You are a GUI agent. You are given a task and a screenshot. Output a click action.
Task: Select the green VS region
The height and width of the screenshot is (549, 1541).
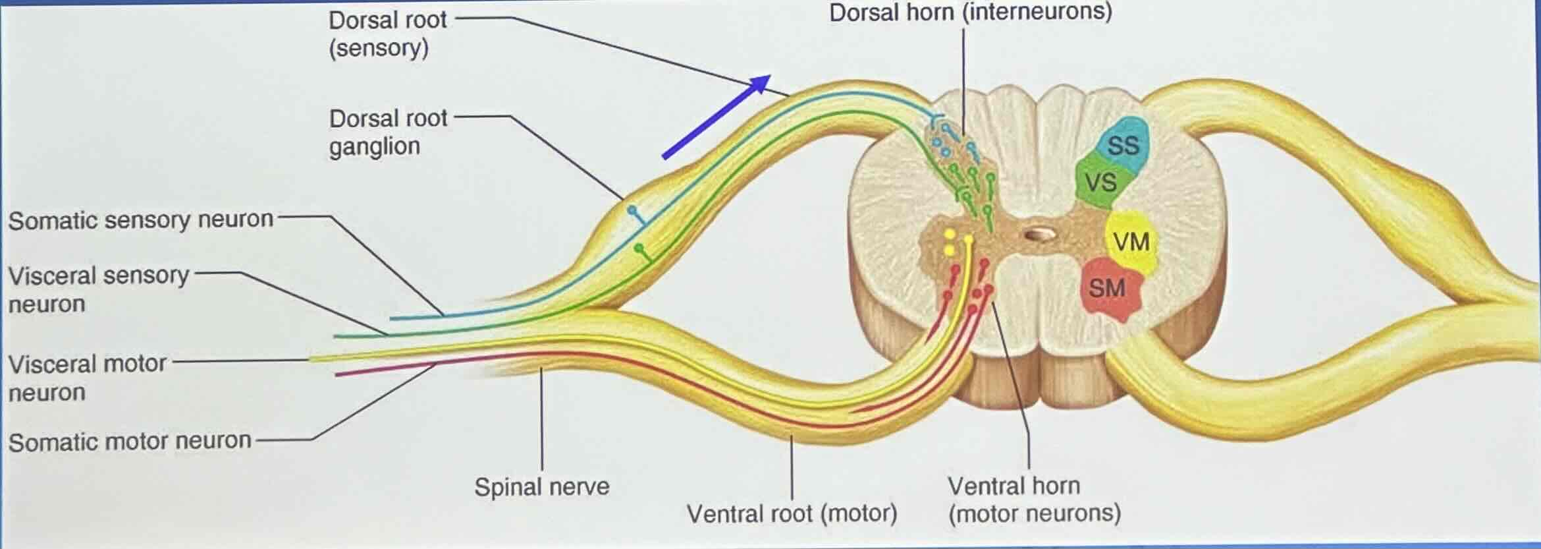tap(1101, 181)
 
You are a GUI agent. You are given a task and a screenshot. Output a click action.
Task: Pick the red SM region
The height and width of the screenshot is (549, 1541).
tap(1108, 289)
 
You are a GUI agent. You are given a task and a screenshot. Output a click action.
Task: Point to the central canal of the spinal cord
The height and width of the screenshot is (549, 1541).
tap(1040, 234)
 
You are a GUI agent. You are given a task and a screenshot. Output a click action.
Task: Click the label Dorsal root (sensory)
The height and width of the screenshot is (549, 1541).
tap(387, 34)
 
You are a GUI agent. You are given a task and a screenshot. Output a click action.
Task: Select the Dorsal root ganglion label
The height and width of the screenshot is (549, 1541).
tap(387, 132)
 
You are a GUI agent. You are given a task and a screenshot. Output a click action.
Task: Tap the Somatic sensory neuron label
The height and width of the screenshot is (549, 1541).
tap(140, 220)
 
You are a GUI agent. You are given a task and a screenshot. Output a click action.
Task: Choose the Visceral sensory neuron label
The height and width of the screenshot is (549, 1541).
tap(99, 289)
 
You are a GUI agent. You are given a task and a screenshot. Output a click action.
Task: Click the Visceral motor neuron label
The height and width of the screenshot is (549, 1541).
tap(88, 378)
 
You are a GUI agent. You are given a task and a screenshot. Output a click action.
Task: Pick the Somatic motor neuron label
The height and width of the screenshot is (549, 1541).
tap(130, 441)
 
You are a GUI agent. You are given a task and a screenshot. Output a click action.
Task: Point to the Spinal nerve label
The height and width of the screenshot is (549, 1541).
tap(541, 487)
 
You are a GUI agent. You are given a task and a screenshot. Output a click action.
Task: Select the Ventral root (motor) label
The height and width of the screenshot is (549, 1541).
tap(792, 513)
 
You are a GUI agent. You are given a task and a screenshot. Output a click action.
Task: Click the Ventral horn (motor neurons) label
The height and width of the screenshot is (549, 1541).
tap(1033, 499)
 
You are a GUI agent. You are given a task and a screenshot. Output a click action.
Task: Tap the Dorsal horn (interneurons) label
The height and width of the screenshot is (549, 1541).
tap(970, 13)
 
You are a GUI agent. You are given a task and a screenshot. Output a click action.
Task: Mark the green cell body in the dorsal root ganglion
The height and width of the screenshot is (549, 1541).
tap(638, 248)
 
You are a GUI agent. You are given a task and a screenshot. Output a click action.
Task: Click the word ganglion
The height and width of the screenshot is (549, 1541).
tap(374, 146)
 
